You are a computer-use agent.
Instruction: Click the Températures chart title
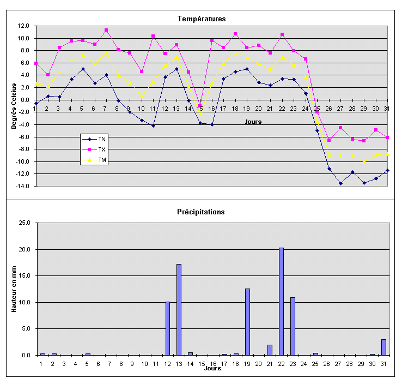click(201, 19)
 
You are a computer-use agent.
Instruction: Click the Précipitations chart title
click(201, 212)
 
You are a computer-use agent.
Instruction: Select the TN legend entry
click(102, 139)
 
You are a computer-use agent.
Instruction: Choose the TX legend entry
click(102, 149)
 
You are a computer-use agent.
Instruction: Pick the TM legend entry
click(102, 160)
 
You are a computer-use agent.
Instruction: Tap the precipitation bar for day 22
click(281, 301)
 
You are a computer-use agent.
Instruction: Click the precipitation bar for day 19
click(247, 322)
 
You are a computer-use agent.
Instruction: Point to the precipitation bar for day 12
click(168, 328)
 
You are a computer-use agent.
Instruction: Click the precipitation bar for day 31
click(383, 347)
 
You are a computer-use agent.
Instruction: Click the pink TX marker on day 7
click(106, 30)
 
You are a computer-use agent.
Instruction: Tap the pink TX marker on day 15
click(200, 106)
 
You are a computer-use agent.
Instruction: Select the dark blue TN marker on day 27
click(340, 183)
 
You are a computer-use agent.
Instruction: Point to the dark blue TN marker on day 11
click(154, 125)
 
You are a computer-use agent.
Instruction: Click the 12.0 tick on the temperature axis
click(23, 26)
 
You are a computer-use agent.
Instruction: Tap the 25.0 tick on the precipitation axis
click(25, 223)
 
